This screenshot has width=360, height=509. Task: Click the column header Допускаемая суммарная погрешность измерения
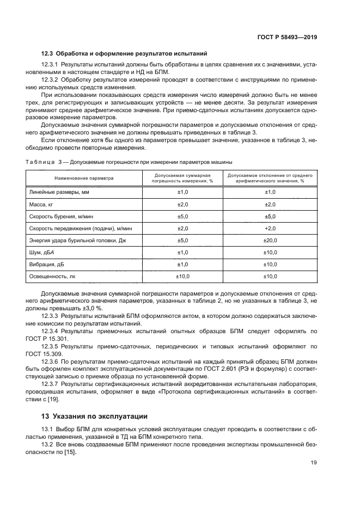click(x=182, y=178)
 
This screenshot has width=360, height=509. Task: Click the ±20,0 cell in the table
click(x=270, y=240)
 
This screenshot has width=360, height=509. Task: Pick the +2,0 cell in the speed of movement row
click(x=270, y=228)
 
